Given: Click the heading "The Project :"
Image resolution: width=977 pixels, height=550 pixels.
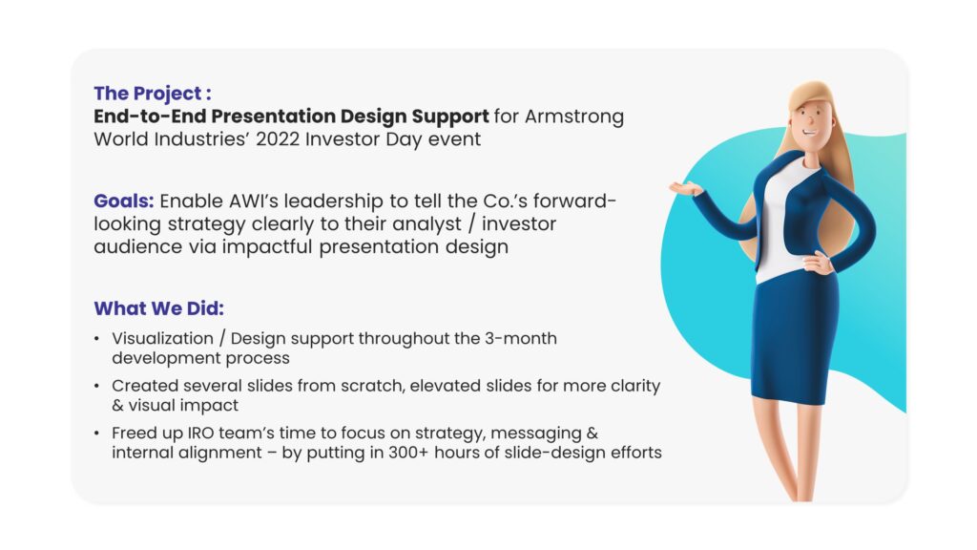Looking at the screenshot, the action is tap(153, 94).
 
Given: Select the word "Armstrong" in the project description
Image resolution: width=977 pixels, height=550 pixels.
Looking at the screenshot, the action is tap(573, 116).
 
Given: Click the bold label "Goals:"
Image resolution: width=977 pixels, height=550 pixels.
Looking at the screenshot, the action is tap(123, 201).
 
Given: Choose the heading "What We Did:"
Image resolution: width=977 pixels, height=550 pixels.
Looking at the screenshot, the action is tap(159, 308).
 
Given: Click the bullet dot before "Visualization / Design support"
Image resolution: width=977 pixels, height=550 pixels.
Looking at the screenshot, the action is tap(96, 339).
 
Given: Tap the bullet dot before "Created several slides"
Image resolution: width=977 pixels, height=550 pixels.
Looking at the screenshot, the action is tap(96, 386).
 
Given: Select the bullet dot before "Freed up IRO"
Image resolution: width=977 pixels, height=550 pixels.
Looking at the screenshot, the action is tap(96, 434).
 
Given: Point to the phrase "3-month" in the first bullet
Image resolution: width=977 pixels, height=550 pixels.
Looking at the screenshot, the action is tap(521, 339).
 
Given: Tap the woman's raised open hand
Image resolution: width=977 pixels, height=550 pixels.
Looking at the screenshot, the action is tap(686, 188).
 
